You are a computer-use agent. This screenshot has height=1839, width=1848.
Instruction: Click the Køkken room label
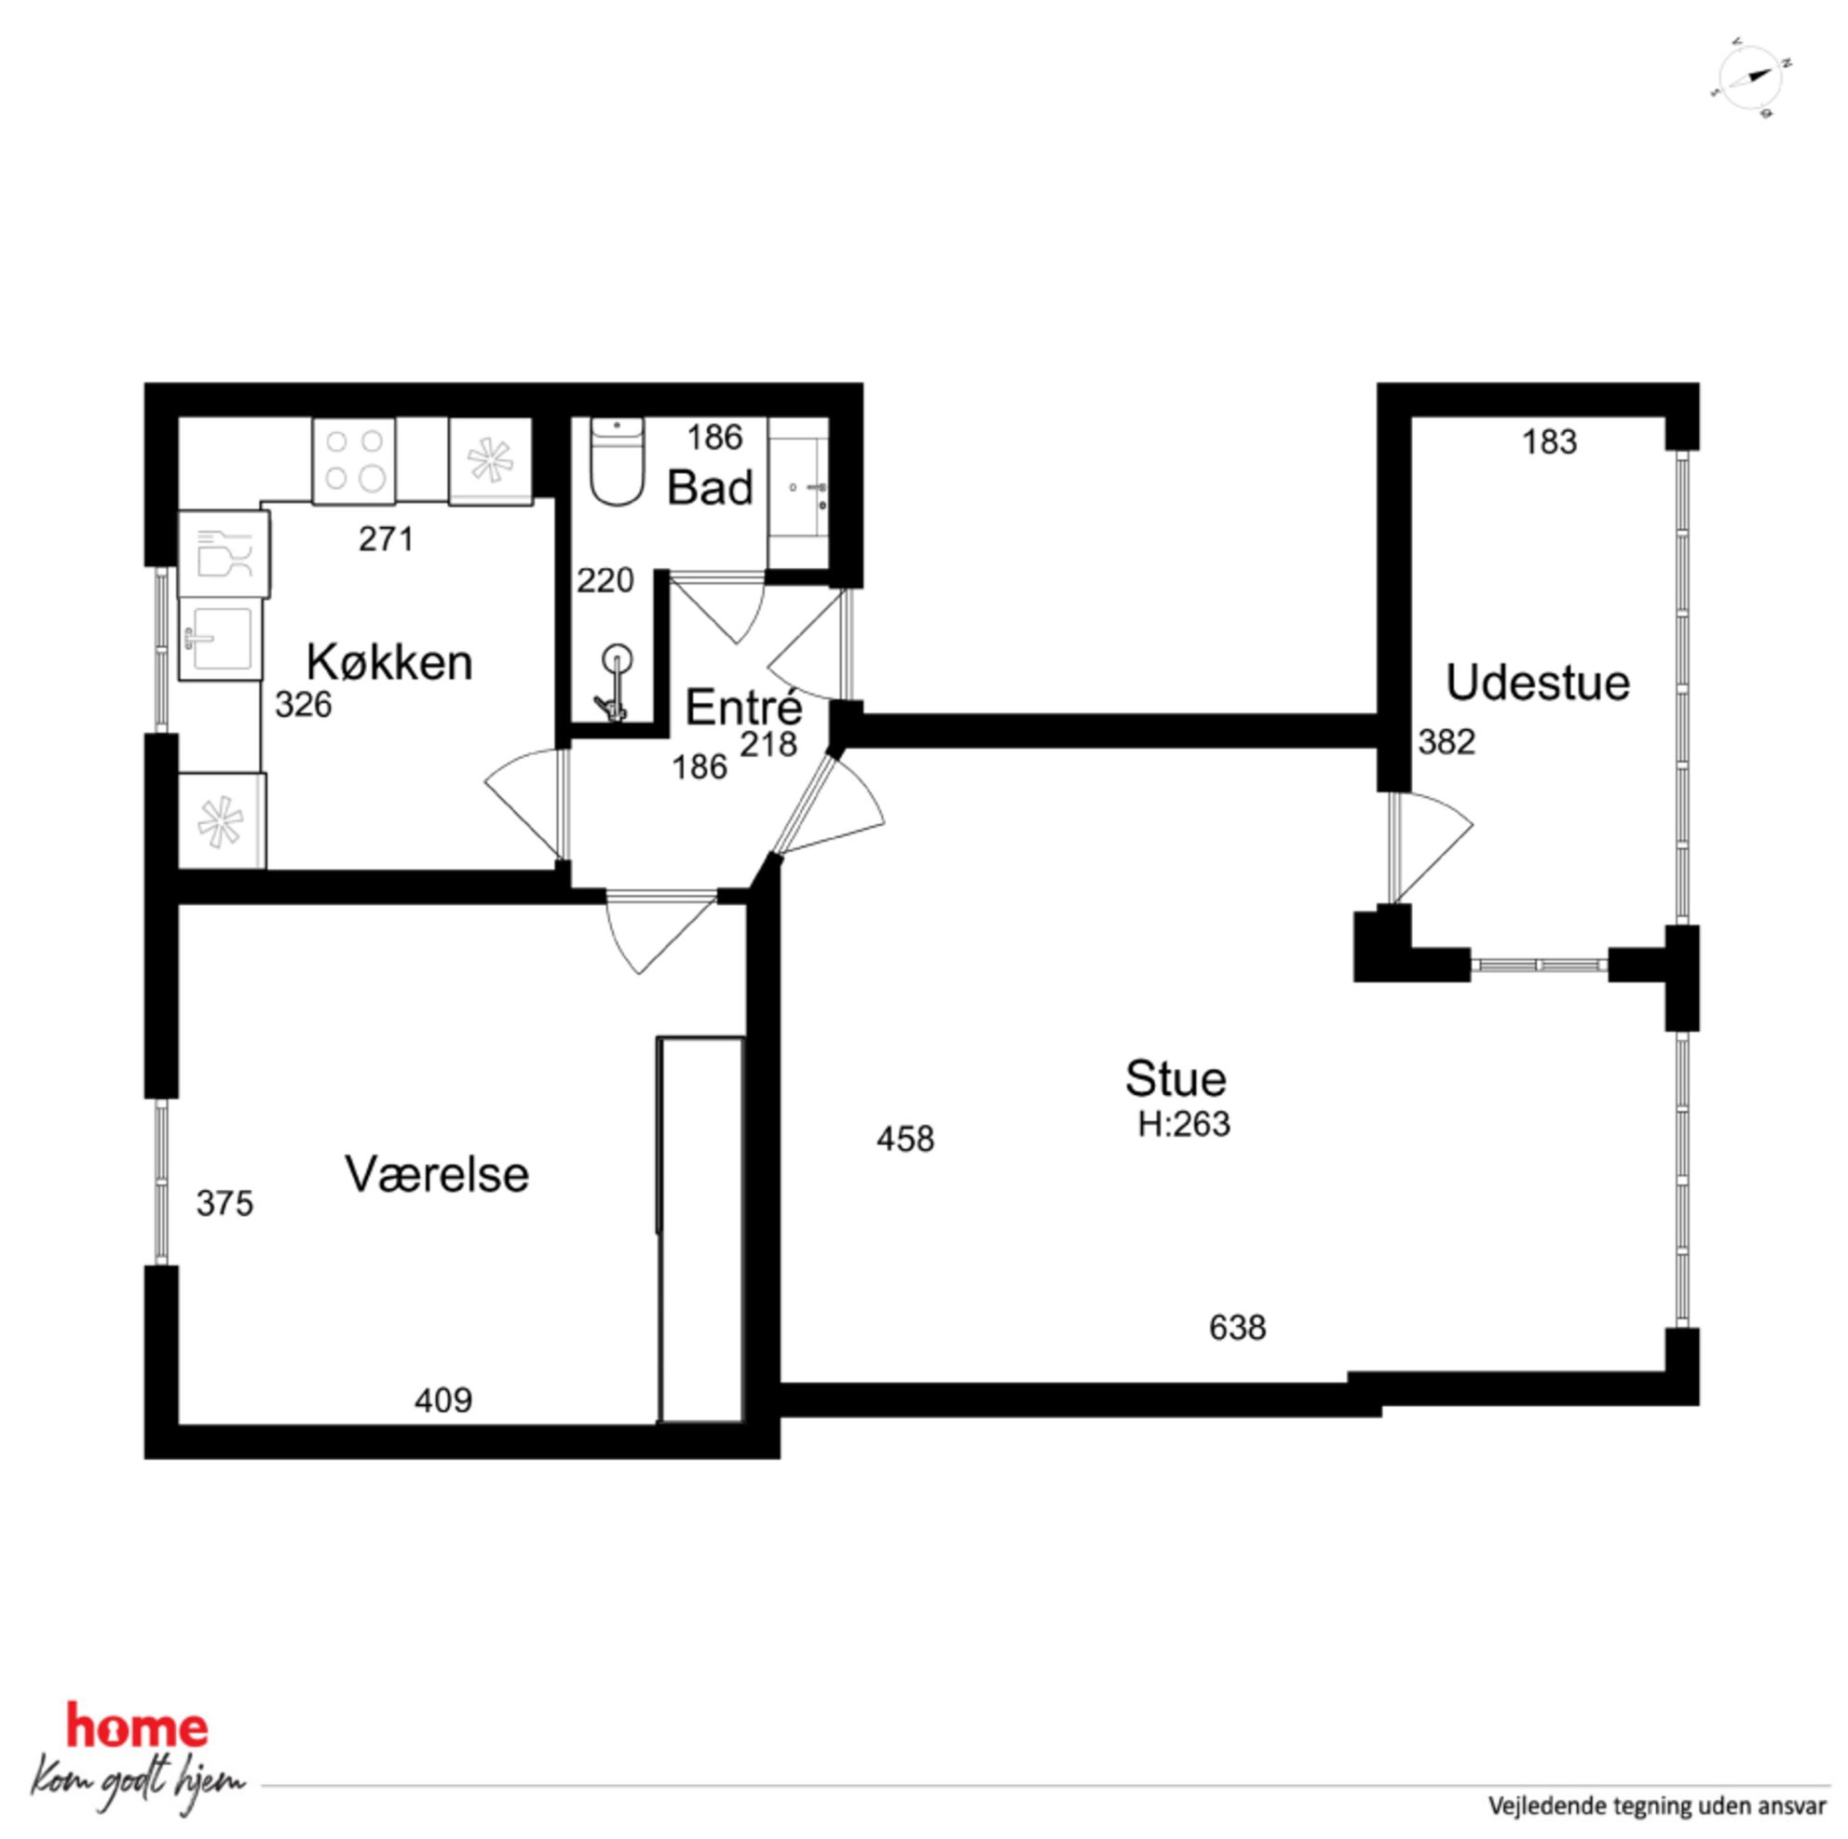click(389, 662)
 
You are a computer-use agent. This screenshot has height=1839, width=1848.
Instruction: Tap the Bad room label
click(710, 488)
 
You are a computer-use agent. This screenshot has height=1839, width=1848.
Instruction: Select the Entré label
click(743, 707)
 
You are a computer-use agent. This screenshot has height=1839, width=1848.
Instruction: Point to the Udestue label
click(1537, 683)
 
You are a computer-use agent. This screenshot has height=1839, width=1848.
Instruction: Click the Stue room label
click(1175, 1079)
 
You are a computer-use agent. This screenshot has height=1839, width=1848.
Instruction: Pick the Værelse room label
click(436, 1173)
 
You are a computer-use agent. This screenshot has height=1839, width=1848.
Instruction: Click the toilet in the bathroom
click(617, 461)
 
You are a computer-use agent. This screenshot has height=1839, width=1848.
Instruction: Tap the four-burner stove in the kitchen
click(353, 461)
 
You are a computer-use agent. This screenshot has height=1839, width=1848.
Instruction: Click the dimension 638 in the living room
click(1238, 1328)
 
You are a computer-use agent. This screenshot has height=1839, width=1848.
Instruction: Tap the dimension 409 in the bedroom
click(442, 1400)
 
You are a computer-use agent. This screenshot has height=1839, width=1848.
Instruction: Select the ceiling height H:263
click(1183, 1124)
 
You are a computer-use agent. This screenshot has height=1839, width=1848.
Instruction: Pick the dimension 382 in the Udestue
click(1447, 741)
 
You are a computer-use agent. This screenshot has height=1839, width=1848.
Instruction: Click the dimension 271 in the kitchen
click(387, 539)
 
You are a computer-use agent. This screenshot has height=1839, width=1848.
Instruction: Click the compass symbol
click(1750, 77)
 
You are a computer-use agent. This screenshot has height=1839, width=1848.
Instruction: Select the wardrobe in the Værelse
click(701, 1230)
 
